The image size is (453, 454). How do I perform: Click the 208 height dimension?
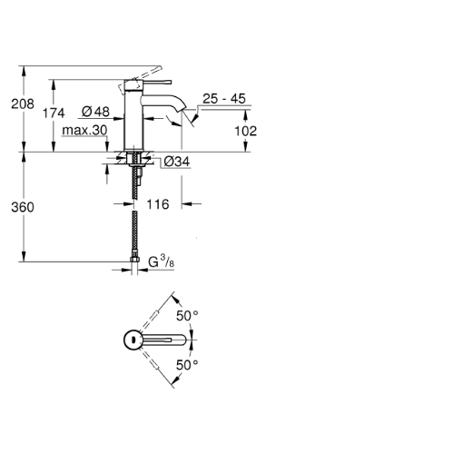tap(23, 104)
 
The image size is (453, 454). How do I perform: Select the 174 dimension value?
tap(54, 113)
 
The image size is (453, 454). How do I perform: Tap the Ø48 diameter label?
tap(95, 112)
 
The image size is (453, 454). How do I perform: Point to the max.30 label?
tap(84, 131)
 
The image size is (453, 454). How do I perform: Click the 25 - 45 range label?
tap(224, 99)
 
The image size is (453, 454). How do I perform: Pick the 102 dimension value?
tap(246, 131)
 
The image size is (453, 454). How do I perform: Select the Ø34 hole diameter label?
tap(177, 162)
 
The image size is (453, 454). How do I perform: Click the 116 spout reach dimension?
tap(158, 204)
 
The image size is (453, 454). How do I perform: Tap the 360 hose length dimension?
tap(23, 207)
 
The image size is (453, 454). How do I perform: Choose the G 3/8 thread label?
tap(162, 262)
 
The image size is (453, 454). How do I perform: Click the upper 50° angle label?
tap(187, 316)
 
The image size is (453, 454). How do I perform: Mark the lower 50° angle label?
tap(187, 365)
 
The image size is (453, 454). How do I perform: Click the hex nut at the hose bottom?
tap(134, 260)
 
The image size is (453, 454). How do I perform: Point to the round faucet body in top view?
tap(133, 340)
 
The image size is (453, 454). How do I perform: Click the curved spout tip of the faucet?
tap(181, 106)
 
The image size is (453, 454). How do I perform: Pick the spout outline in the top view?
tap(163, 340)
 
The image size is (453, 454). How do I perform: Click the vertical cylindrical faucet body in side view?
tap(133, 120)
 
